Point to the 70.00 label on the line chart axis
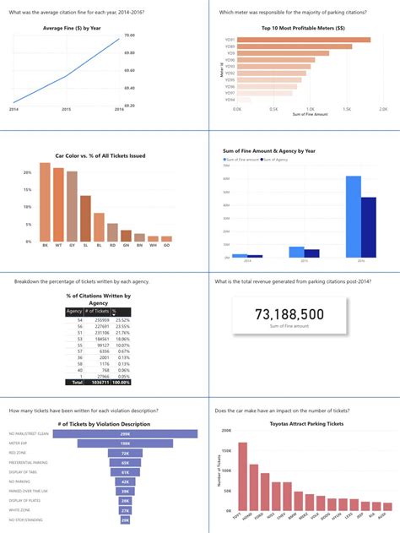pos(129,35)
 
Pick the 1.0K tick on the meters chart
pos(310,108)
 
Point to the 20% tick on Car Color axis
pos(27,173)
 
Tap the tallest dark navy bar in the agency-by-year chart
pos(368,227)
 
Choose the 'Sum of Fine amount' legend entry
pos(244,159)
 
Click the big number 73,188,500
pos(300,315)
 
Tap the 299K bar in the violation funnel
pos(124,433)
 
